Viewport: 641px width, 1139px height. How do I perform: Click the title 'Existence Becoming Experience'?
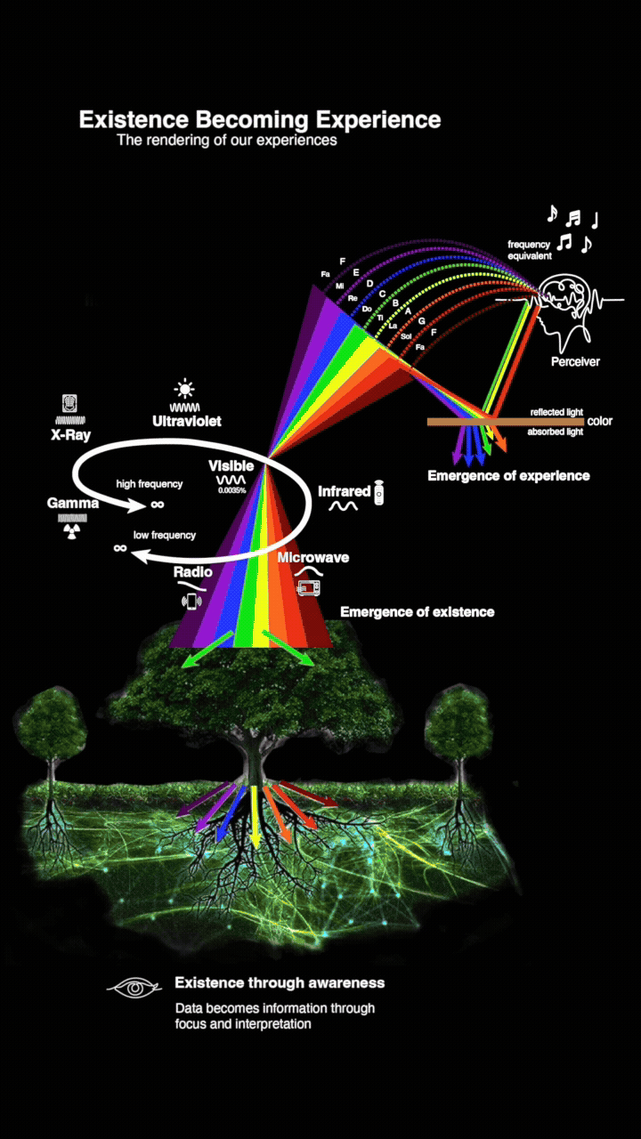tap(259, 119)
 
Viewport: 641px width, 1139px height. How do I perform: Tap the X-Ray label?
tap(69, 435)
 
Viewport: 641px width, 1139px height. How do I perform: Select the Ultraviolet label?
tap(187, 420)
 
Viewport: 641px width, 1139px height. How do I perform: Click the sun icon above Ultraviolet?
tap(184, 388)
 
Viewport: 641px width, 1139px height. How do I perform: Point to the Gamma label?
tap(73, 504)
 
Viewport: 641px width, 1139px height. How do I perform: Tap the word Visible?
tap(231, 465)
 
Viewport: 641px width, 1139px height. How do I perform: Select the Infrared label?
tap(344, 491)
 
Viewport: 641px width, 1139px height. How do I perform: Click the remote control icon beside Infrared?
tap(379, 491)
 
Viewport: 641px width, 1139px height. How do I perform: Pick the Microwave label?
tap(312, 558)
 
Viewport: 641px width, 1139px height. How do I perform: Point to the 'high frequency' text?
tap(150, 484)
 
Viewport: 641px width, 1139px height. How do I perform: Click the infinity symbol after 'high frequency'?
tap(158, 504)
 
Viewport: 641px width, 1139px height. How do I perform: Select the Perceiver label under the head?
tap(575, 362)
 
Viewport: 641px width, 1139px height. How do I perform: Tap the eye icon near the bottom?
tap(134, 987)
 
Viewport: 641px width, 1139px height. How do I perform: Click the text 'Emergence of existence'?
tap(417, 612)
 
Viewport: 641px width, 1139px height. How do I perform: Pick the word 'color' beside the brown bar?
tap(600, 421)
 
